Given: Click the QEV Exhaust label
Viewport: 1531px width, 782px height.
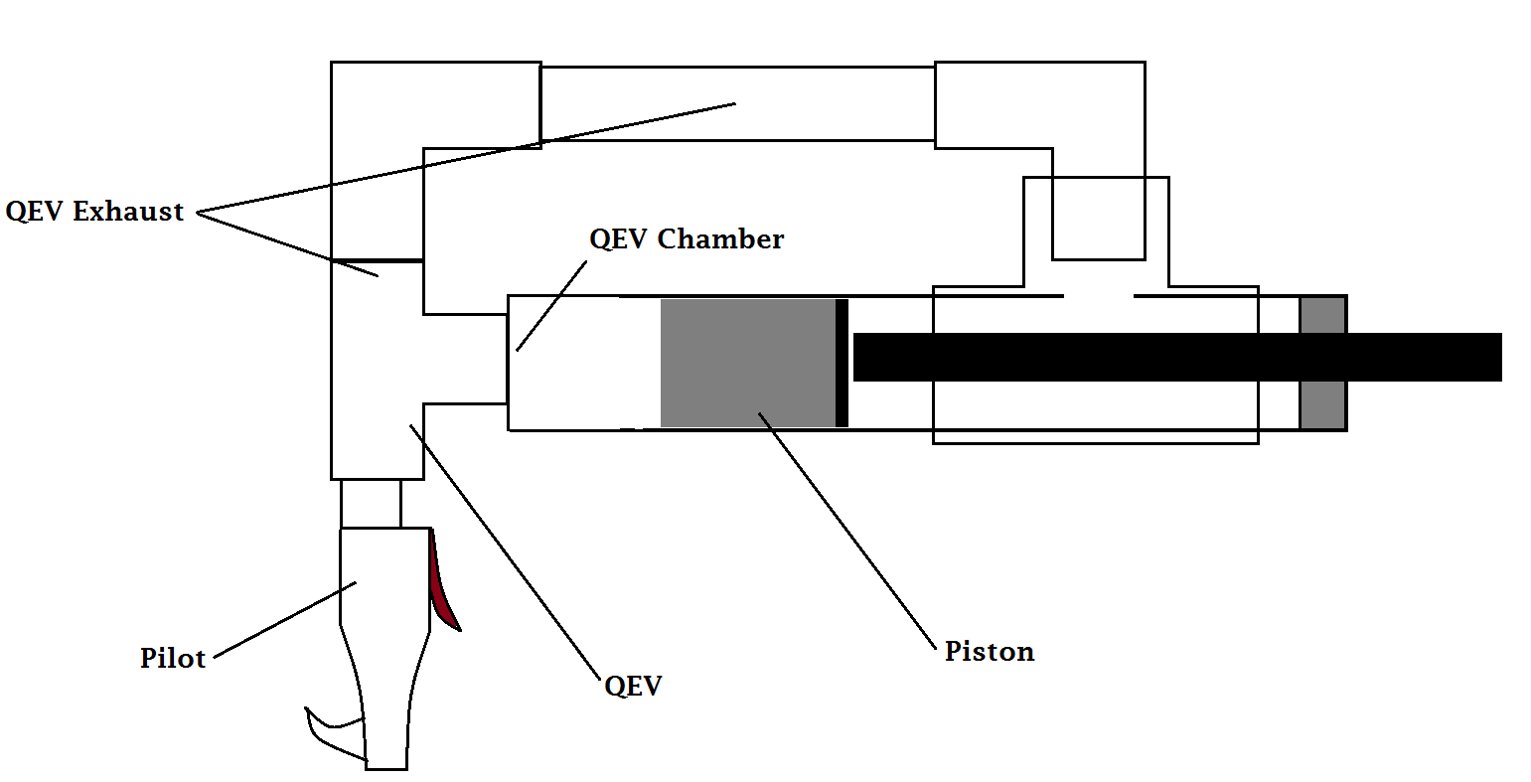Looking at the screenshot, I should point(94,212).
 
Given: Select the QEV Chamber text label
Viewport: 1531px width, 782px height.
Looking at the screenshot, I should point(687,239).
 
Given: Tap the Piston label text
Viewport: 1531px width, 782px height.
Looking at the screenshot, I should point(989,652).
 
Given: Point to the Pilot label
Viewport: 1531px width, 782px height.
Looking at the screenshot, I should point(173,658).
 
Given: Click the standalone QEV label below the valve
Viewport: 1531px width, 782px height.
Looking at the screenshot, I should point(633,686).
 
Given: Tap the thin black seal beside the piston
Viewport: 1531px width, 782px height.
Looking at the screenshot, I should point(842,363).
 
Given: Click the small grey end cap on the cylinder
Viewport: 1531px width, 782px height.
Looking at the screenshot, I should point(1322,363).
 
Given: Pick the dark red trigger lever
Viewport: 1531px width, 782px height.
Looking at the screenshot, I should point(442,591).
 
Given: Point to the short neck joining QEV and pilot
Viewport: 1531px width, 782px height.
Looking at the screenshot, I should point(371,503).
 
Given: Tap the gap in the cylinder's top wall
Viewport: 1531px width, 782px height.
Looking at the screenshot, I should point(1099,296).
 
